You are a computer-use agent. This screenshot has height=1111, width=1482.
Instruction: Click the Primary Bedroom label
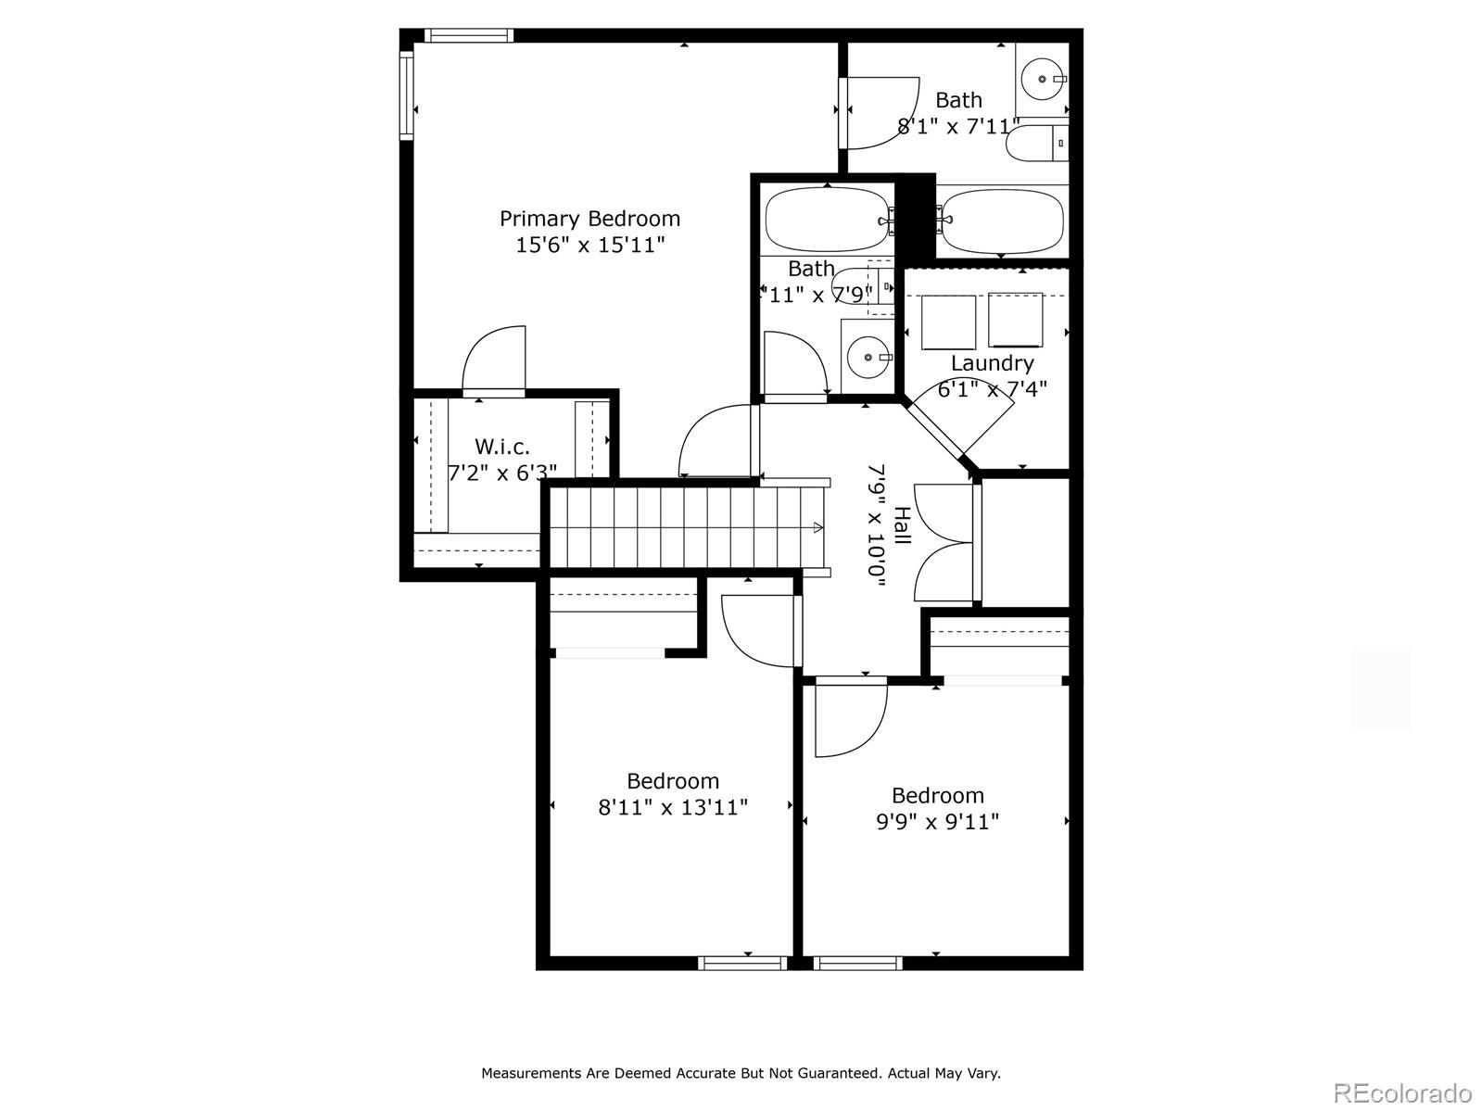click(589, 219)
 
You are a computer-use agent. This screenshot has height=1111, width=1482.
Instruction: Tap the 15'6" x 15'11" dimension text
click(589, 246)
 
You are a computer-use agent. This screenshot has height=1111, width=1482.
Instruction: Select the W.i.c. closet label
click(502, 447)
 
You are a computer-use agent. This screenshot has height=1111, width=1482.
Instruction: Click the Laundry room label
click(992, 363)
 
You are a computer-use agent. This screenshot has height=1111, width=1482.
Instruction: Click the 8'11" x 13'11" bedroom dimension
click(673, 807)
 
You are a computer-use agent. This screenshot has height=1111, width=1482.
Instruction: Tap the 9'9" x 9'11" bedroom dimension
click(937, 822)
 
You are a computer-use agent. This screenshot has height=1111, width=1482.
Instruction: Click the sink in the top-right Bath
click(1044, 80)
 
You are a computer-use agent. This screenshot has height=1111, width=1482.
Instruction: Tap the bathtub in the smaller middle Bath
click(825, 220)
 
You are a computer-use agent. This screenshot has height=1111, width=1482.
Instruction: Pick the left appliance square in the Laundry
click(948, 322)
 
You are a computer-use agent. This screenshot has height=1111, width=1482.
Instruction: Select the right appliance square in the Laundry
click(1015, 320)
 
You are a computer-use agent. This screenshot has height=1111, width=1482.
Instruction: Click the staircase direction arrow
click(817, 527)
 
